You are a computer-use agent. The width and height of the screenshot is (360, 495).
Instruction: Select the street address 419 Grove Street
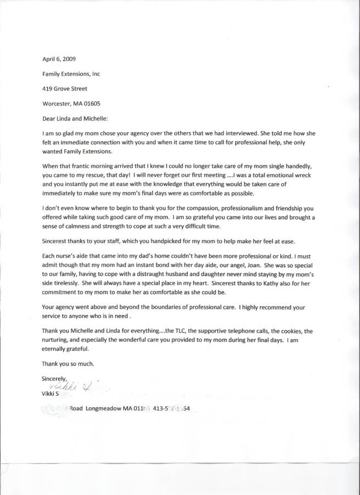coord(64,88)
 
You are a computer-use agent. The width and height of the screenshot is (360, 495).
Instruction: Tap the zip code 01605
coord(90,103)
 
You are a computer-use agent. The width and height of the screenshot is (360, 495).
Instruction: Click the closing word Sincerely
coord(54,378)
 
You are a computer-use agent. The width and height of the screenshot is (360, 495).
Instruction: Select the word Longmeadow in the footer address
coord(105,409)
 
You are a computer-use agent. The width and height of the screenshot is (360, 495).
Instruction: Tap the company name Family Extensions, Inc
coord(71,73)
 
